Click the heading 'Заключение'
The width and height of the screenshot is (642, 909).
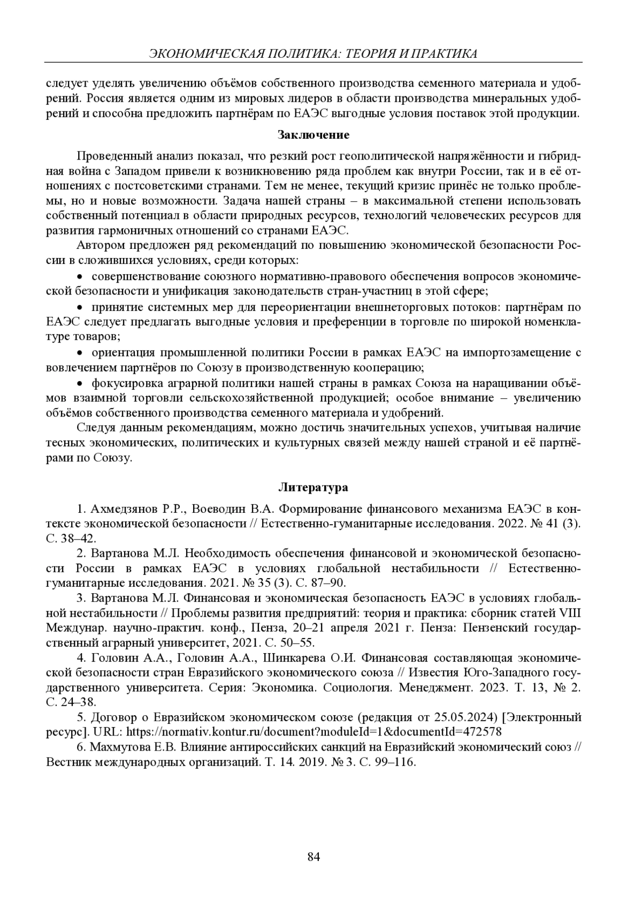click(x=314, y=134)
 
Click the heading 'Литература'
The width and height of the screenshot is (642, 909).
click(x=314, y=487)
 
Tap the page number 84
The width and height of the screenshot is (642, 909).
click(x=314, y=857)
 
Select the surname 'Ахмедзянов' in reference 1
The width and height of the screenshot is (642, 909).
click(x=125, y=509)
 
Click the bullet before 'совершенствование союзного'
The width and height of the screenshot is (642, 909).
click(x=80, y=277)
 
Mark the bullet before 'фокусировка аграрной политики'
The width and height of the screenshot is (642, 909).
click(x=80, y=383)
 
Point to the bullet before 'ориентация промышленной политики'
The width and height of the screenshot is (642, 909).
click(x=80, y=353)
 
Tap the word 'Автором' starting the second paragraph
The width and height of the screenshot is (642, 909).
click(x=97, y=246)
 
